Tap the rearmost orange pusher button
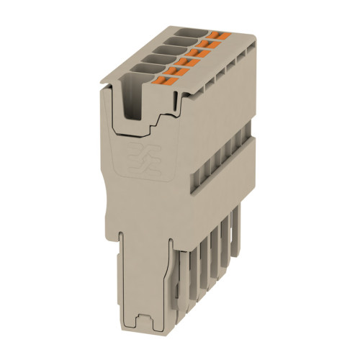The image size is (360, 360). [217, 33]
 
